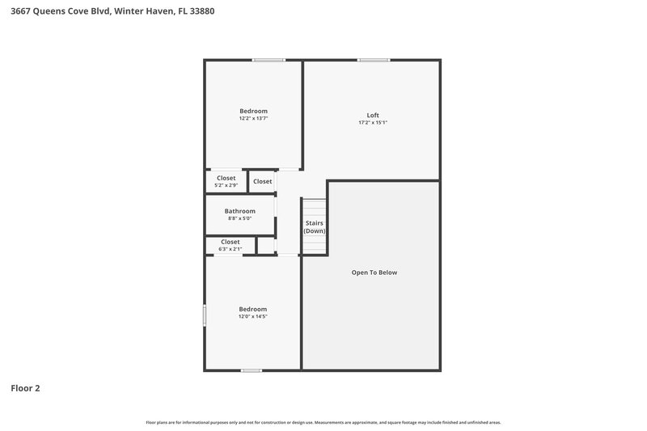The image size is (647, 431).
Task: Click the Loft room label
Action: [373, 115]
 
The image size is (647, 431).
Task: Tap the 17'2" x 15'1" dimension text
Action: [373, 123]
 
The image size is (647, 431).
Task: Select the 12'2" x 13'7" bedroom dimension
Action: [253, 119]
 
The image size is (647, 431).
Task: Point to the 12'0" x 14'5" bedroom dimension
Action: [252, 316]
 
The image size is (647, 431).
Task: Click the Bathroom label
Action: [239, 211]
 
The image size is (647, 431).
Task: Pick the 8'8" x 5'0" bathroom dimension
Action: [239, 218]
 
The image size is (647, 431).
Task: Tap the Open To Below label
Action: [374, 273]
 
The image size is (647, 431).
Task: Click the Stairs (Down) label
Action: [315, 226]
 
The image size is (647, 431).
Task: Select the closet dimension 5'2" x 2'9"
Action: [226, 185]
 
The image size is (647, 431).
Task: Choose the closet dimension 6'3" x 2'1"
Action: [230, 249]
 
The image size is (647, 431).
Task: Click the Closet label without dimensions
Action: [263, 181]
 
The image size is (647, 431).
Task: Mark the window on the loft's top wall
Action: [374, 60]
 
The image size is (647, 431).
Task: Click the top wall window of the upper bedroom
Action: [268, 60]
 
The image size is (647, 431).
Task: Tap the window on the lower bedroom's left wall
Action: [205, 315]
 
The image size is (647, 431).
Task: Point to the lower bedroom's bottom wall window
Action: [252, 370]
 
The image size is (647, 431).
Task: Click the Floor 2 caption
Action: [25, 388]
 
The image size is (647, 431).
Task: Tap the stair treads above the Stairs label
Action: [315, 207]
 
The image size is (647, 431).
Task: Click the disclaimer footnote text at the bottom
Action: [323, 422]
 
